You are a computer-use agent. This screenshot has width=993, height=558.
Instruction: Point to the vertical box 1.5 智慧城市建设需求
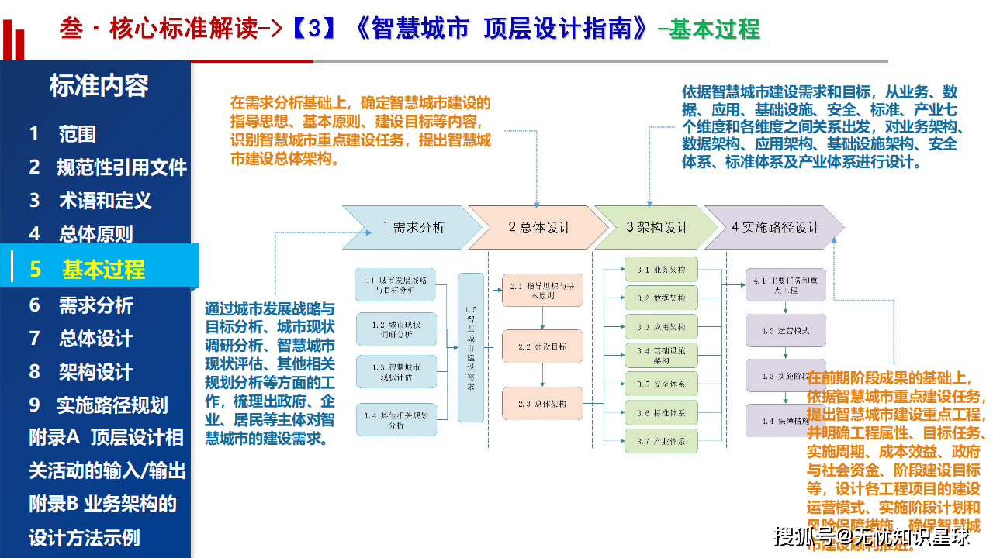pyautogui.click(x=470, y=347)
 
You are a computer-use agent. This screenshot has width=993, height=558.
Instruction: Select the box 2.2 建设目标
pyautogui.click(x=542, y=346)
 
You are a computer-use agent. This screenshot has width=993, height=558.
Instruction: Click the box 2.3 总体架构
pyautogui.click(x=542, y=404)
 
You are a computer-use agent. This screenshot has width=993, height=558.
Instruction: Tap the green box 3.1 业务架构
pyautogui.click(x=661, y=270)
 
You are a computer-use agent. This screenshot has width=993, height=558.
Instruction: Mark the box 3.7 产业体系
pyautogui.click(x=661, y=442)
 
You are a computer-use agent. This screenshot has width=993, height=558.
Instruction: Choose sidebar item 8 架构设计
pyautogui.click(x=82, y=372)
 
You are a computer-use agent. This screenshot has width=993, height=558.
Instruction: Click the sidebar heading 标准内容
pyautogui.click(x=99, y=86)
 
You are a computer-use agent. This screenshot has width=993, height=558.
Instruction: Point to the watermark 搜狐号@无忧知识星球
pyautogui.click(x=872, y=536)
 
